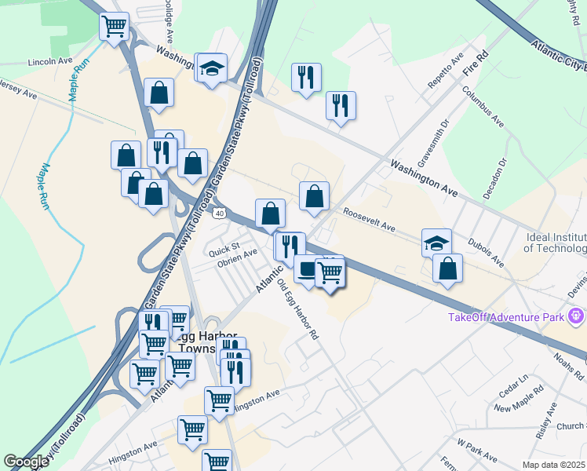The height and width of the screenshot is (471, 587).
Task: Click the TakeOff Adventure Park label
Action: point(507,317)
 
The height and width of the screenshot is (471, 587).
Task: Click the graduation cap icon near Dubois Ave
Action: point(437,242)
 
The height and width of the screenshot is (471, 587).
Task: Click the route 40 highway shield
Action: point(219,213)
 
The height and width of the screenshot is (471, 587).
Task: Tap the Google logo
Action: point(26,462)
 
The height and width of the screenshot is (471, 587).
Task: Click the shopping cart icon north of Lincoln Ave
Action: point(115,26)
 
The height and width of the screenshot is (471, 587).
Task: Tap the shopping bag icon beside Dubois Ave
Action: point(447,268)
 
